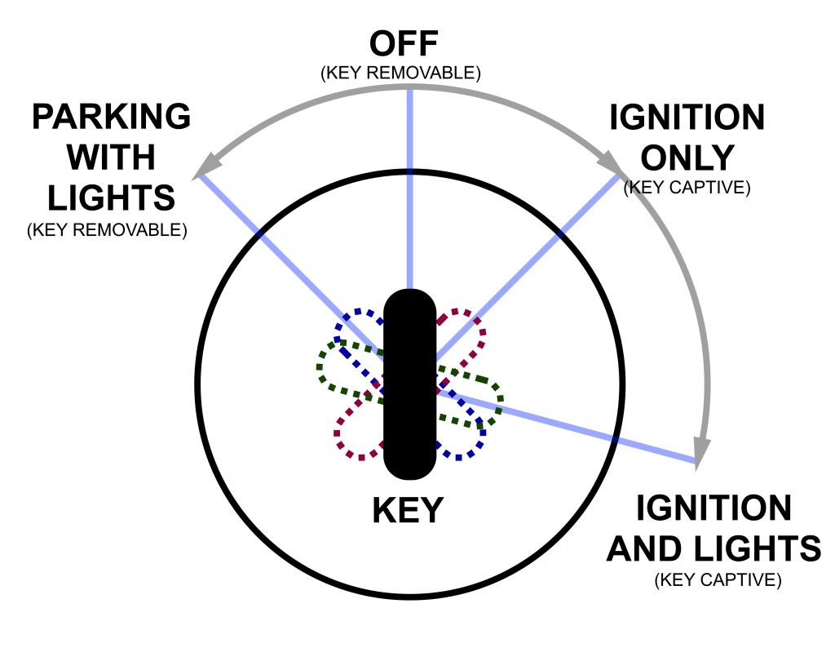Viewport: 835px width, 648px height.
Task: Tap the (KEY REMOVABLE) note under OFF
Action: click(401, 73)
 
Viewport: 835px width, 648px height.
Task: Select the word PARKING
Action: click(111, 118)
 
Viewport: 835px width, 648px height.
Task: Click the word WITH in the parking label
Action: click(111, 158)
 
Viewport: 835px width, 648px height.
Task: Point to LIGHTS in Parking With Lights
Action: click(111, 198)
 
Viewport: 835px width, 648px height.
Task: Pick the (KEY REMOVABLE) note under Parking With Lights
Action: click(107, 230)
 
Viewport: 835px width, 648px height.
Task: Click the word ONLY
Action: click(687, 158)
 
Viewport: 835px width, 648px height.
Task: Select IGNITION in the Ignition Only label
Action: click(687, 118)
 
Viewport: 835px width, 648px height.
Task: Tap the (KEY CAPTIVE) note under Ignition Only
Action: click(687, 188)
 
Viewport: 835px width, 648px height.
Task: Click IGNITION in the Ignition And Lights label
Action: click(714, 508)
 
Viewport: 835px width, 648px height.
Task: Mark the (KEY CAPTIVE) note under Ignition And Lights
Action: click(718, 580)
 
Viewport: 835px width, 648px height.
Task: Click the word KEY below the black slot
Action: click(408, 511)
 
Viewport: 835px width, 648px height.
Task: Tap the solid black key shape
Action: click(409, 384)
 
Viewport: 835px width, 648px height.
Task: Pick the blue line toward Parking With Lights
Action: click(285, 245)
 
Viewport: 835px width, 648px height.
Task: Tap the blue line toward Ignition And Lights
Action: click(571, 428)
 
